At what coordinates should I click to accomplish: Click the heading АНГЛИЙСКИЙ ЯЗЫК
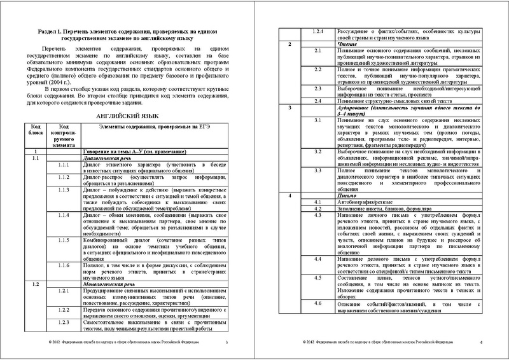[123, 135]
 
